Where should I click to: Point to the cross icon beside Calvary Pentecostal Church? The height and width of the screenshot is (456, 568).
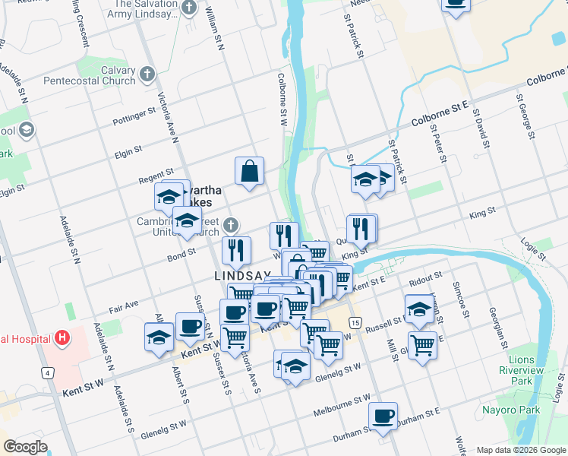pyautogui.click(x=147, y=74)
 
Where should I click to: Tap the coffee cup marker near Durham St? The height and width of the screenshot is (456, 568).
pyautogui.click(x=383, y=416)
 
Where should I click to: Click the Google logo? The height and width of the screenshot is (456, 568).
pyautogui.click(x=25, y=446)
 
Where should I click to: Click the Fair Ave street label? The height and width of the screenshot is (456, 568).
pyautogui.click(x=123, y=306)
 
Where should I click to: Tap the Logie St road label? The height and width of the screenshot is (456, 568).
pyautogui.click(x=533, y=252)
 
